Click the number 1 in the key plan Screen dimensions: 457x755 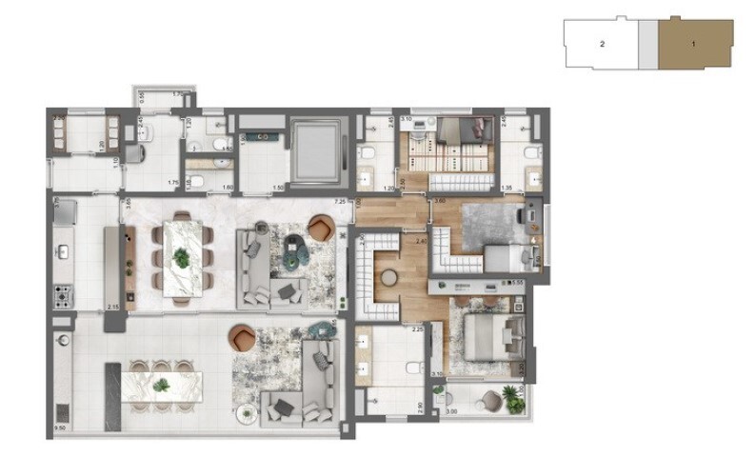(x=694, y=44)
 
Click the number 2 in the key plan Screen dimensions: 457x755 (x=602, y=44)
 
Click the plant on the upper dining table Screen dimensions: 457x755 (x=181, y=257)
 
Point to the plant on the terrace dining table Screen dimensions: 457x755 (x=162, y=385)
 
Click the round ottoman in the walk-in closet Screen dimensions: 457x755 (x=387, y=278)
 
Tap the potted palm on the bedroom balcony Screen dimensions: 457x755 (x=515, y=404)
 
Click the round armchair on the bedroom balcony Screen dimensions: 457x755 (x=490, y=399)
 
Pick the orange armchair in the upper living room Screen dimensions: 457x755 (x=321, y=228)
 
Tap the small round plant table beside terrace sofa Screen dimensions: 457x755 (x=248, y=412)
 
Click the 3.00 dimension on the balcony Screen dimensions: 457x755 (x=451, y=411)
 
